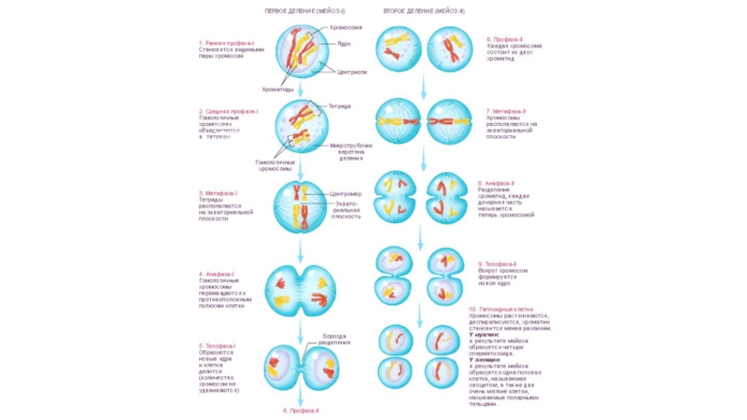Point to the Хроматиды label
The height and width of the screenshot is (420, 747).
[x=278, y=90]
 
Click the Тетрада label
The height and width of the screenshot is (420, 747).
[x=340, y=106]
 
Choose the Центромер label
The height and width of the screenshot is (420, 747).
[x=345, y=194]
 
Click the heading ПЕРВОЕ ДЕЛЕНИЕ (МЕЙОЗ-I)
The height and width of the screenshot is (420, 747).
[x=301, y=10]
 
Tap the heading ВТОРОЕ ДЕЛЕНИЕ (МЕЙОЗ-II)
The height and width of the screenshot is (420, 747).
[x=424, y=10]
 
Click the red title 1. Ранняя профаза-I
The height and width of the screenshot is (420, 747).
[x=226, y=43]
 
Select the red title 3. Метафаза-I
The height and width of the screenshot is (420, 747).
[x=218, y=193]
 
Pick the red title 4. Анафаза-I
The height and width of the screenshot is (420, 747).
[x=217, y=273]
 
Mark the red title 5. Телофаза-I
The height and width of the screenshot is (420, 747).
[x=218, y=346]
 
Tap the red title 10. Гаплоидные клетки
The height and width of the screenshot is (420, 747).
[x=500, y=309]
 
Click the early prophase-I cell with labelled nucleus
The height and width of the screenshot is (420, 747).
[x=303, y=53]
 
